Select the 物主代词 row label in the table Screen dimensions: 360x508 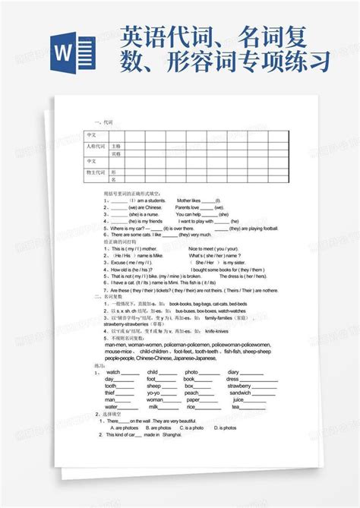coord(96,172)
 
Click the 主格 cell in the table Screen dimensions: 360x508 coord(116,144)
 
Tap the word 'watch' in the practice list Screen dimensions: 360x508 coord(113,372)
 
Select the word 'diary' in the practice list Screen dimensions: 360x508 coord(233,372)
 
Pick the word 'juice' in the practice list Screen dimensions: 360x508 coord(238,399)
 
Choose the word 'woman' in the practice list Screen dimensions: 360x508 coord(154,399)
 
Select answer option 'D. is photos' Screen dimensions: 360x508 coord(224,428)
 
